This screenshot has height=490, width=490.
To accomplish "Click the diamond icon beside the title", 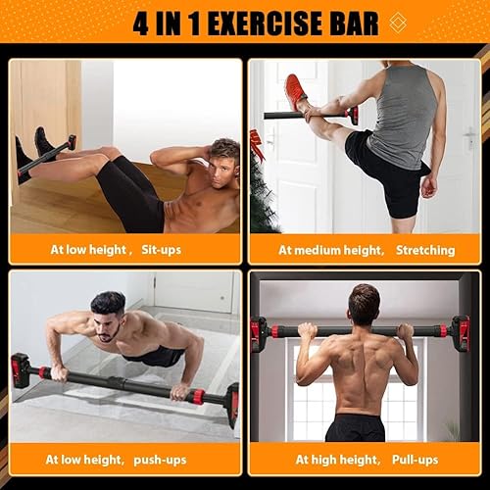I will pos(395,24).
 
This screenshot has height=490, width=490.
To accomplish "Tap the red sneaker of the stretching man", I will pos(295,90).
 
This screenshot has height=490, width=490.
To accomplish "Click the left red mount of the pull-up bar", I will pos(260,333).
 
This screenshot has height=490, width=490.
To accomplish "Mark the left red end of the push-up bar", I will pos(20,370).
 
